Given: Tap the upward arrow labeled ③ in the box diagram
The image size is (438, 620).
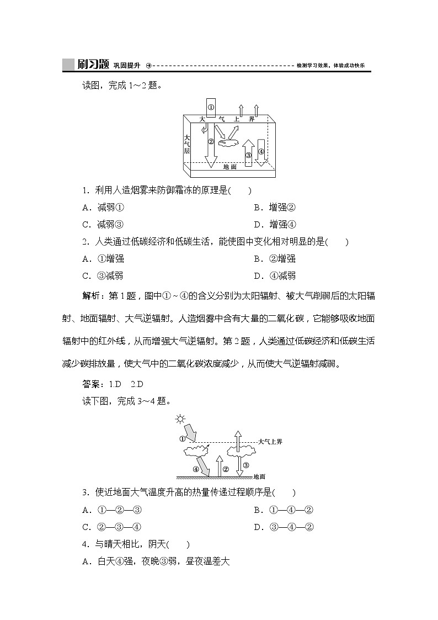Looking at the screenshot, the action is click(x=249, y=152).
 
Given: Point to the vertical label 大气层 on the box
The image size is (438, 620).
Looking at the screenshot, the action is click(x=188, y=144).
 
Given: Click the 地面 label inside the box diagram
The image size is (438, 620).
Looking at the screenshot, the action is click(x=229, y=166).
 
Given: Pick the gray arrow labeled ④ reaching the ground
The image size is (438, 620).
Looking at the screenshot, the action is click(x=203, y=467).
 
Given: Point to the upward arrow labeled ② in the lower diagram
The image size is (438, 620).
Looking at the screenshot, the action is click(x=219, y=465).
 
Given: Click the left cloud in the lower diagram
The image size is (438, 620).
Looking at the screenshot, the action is click(x=196, y=452).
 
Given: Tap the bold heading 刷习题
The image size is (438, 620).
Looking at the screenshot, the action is click(x=92, y=65).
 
